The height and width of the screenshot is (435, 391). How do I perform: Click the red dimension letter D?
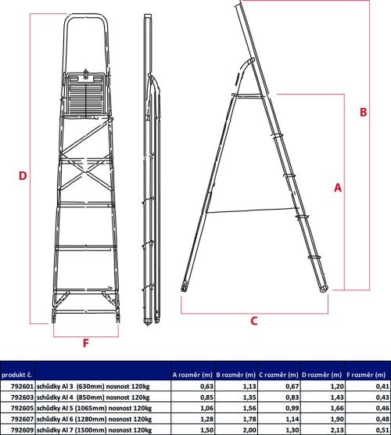[23, 176]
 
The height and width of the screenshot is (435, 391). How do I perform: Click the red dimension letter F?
[86, 343]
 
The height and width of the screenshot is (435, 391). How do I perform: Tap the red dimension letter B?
[363, 112]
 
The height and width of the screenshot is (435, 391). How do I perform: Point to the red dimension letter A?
[338, 188]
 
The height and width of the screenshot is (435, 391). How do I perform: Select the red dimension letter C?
[254, 321]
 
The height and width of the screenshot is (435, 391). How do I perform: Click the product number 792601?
[22, 386]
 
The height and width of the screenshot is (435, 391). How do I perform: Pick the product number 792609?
[22, 430]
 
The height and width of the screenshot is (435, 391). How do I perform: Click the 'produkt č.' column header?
[16, 375]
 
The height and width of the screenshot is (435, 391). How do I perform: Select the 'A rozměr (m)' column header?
[192, 375]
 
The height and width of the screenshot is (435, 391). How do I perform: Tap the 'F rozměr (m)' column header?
[366, 375]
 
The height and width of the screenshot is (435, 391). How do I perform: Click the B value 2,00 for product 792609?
[249, 430]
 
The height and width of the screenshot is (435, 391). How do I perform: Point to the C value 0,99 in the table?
[292, 408]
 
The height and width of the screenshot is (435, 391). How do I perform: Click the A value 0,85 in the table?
[207, 397]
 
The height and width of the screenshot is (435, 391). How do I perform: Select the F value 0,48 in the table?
[382, 419]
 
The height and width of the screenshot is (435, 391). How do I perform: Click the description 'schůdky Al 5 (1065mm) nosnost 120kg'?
[94, 408]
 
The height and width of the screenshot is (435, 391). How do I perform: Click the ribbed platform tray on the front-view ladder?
[86, 95]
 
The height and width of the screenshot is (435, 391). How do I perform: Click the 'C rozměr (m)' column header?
[278, 375]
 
